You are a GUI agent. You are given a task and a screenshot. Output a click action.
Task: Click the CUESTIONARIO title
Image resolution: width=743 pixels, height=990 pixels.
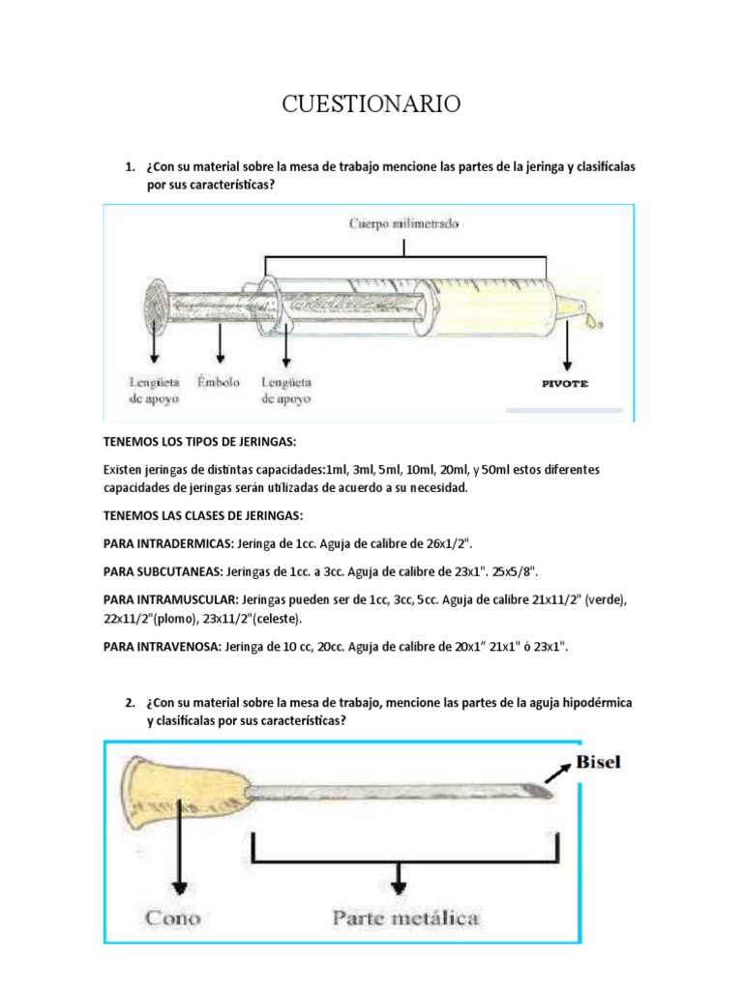(371, 104)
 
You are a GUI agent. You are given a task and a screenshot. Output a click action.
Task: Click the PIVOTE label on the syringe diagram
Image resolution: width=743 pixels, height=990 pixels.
(563, 384)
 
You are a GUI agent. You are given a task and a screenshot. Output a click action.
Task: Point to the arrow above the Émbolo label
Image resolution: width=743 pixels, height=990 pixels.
(221, 344)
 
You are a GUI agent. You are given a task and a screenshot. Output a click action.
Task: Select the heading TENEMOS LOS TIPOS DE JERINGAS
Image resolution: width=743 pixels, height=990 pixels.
(185, 442)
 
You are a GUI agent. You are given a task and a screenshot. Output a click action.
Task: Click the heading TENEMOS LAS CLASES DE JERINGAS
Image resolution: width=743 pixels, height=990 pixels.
(190, 514)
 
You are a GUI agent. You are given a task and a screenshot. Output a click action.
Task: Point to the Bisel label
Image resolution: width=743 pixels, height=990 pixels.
(599, 762)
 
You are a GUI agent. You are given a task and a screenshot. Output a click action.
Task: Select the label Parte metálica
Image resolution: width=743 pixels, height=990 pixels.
(404, 917)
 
